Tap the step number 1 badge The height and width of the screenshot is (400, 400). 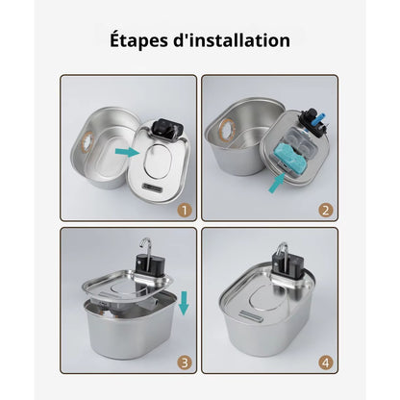click(x=185, y=211)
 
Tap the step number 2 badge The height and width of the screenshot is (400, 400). click(x=326, y=211)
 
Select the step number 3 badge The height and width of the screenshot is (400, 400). click(x=185, y=363)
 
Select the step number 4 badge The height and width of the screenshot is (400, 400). click(x=326, y=363)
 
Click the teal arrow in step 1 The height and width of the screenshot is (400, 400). click(x=128, y=152)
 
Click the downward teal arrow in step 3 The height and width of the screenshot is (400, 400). click(x=184, y=303)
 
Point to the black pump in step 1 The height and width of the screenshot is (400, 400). click(x=168, y=130)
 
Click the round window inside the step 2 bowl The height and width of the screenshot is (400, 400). click(x=227, y=131)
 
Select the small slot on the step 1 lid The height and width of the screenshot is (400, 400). click(x=154, y=187)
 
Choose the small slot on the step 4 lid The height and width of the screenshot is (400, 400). click(x=251, y=316)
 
